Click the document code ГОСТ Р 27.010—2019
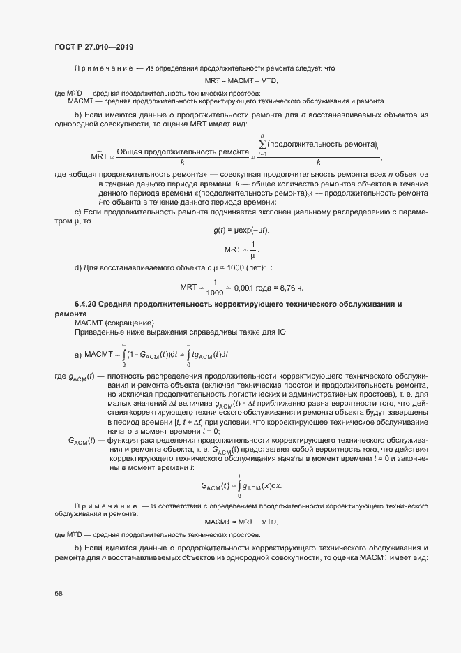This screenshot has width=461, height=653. (x=94, y=47)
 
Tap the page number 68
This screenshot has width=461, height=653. (x=59, y=593)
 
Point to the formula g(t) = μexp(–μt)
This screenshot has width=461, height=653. (x=241, y=230)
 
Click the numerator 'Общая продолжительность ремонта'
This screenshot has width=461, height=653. (x=183, y=151)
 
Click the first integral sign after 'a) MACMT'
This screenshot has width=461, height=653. (x=124, y=355)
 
